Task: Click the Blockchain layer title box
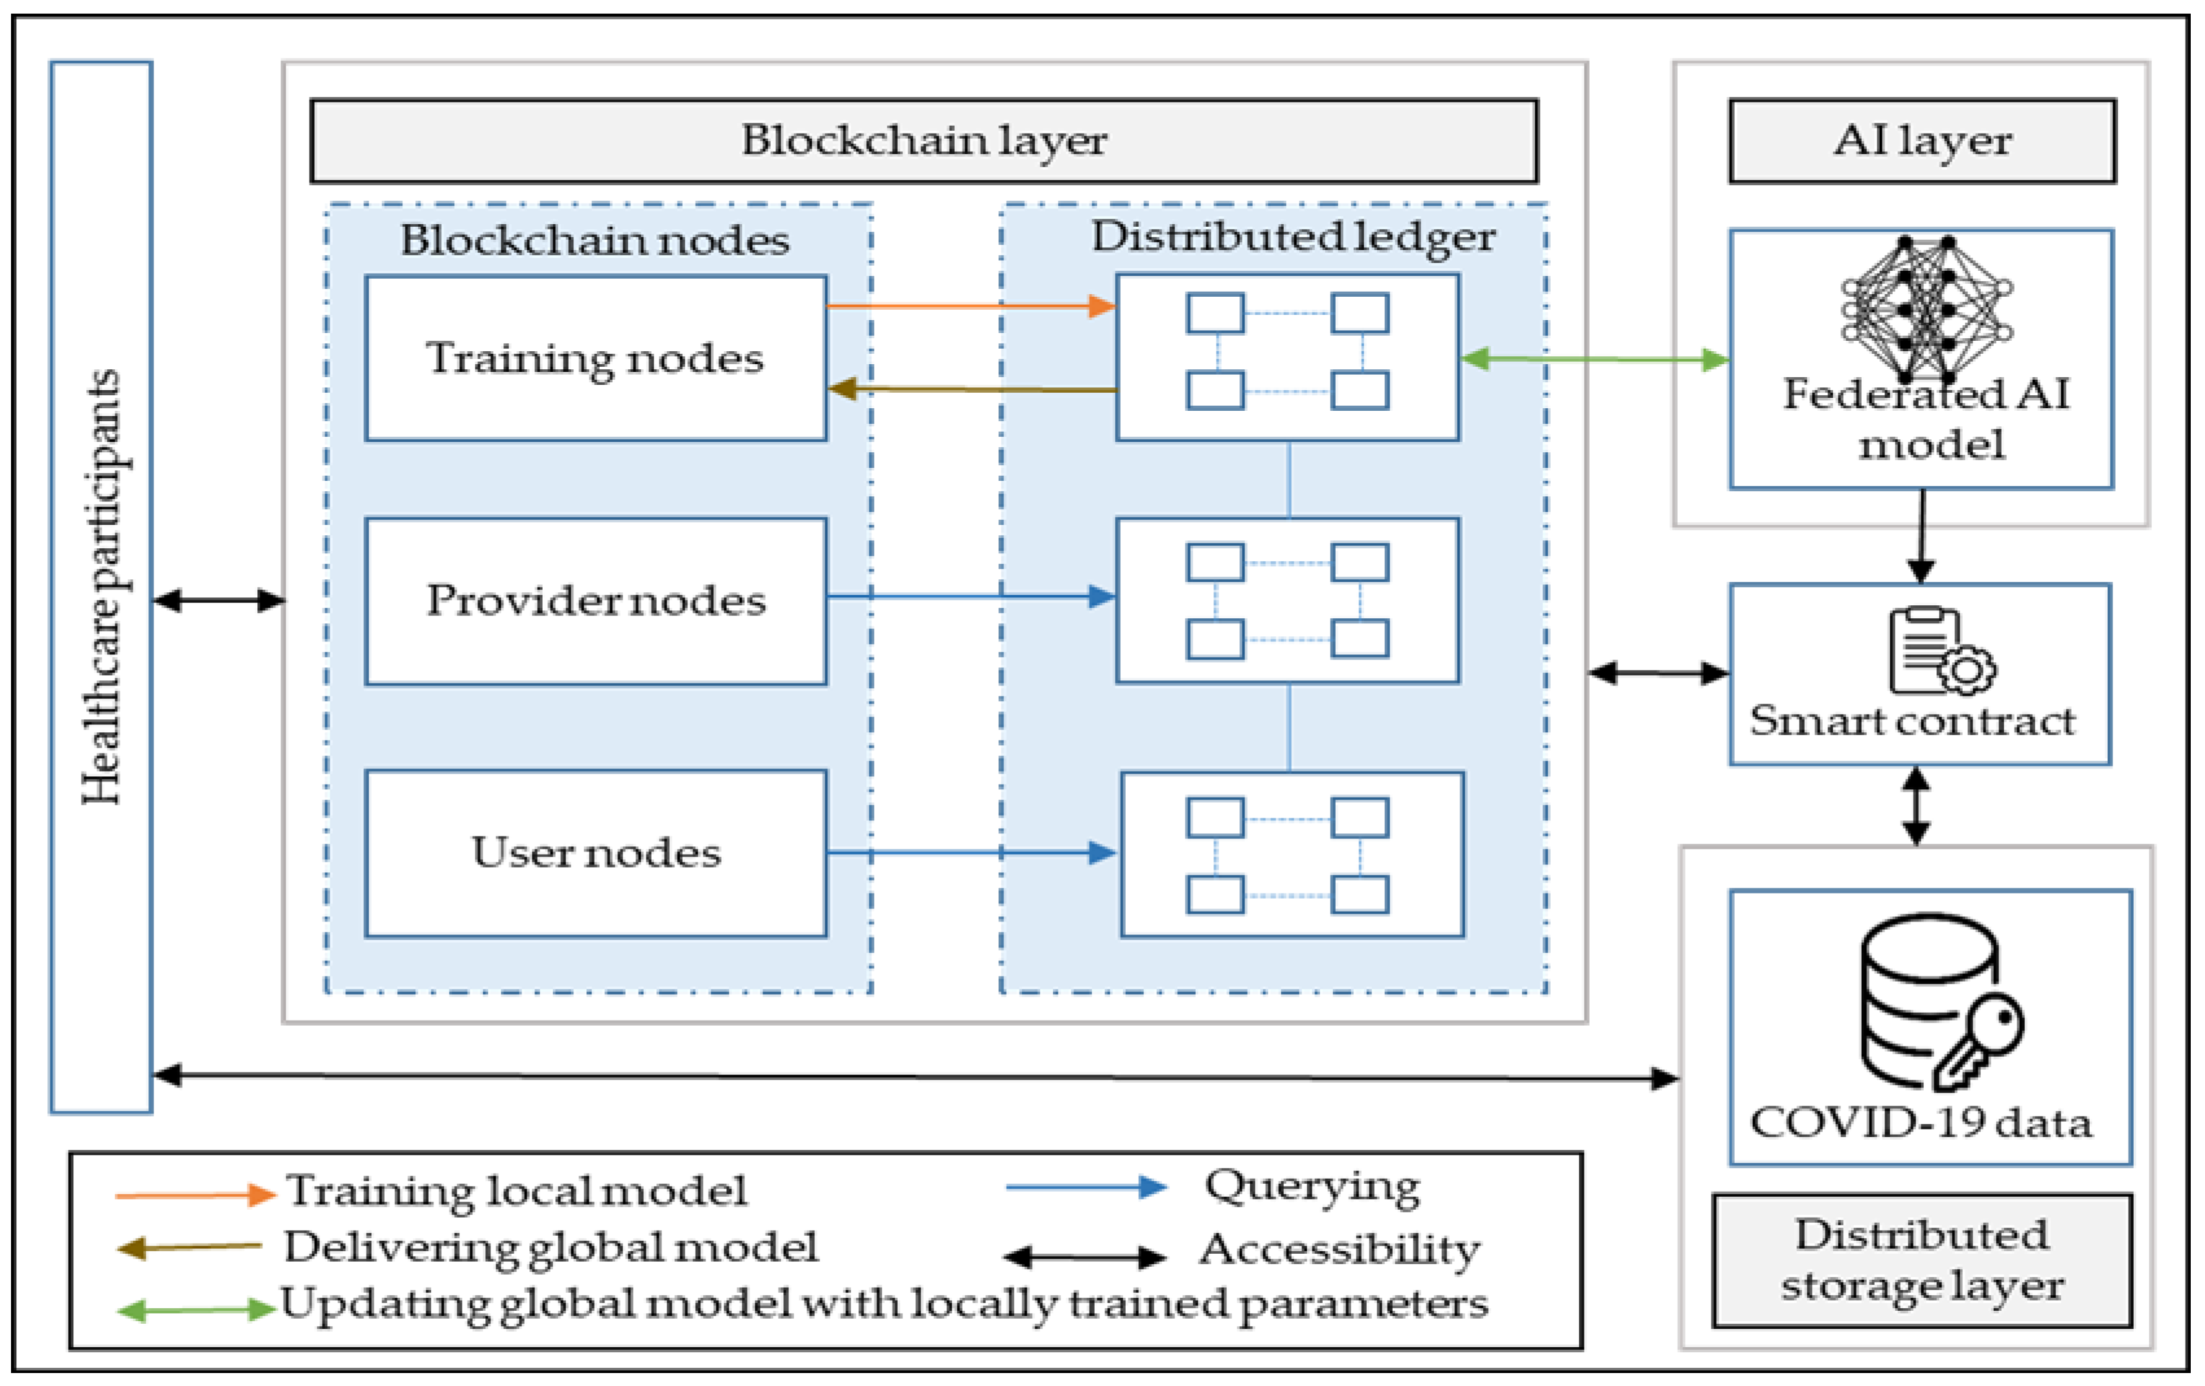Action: click(x=923, y=141)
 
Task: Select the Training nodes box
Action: click(x=595, y=358)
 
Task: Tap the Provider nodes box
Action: click(x=595, y=601)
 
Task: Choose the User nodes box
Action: click(x=595, y=853)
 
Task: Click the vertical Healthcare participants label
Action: click(x=100, y=587)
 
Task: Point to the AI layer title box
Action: click(x=1921, y=141)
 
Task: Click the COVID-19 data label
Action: click(x=1920, y=1123)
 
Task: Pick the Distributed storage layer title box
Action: click(x=1921, y=1260)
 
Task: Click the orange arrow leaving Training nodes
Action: click(x=970, y=306)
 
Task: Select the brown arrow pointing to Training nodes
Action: click(x=970, y=389)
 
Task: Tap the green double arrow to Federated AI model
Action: click(x=1594, y=359)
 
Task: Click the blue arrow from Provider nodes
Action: click(x=970, y=597)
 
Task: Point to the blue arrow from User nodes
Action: click(x=970, y=853)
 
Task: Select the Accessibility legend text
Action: click(x=1340, y=1249)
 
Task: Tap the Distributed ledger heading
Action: click(x=1292, y=237)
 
